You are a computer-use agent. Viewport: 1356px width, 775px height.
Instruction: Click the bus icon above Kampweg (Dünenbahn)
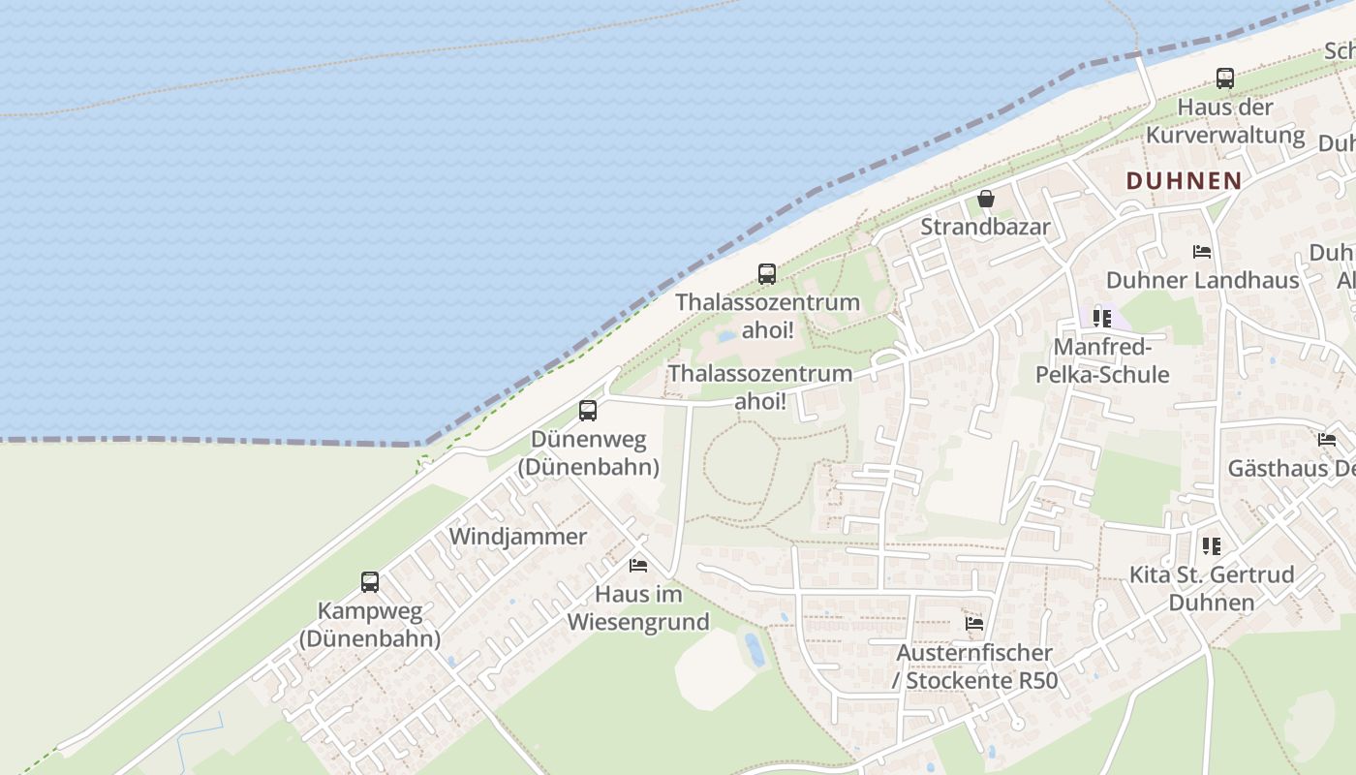370,582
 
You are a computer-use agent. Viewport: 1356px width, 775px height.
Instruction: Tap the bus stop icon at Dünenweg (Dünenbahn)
588,410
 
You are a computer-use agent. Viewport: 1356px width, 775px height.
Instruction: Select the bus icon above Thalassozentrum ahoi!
767,273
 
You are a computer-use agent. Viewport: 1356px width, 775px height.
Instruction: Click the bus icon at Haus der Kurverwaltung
1225,78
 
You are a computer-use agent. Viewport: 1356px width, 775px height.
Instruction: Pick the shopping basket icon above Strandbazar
986,199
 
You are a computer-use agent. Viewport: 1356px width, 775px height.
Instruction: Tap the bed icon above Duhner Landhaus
1202,252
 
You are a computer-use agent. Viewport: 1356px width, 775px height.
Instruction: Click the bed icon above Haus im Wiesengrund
638,565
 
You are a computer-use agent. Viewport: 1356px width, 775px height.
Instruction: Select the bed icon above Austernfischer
974,623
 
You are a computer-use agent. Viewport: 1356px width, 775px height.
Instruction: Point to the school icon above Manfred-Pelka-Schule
1102,318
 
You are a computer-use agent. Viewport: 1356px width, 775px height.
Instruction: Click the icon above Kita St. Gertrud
1212,546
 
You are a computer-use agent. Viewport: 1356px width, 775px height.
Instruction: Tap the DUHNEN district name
1184,180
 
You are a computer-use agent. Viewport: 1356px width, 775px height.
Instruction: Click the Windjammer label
518,537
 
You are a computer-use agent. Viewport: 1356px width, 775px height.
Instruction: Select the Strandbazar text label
985,227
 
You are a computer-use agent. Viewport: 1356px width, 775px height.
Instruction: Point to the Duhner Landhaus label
1202,280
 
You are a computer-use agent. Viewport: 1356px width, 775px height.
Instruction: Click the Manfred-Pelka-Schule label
1102,360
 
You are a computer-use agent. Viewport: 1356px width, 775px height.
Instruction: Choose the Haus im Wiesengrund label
638,607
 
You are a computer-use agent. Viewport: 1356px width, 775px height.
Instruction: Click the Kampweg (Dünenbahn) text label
370,625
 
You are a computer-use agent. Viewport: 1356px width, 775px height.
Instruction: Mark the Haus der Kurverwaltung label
1225,120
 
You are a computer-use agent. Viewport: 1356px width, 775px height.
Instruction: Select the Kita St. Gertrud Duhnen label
1212,588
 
